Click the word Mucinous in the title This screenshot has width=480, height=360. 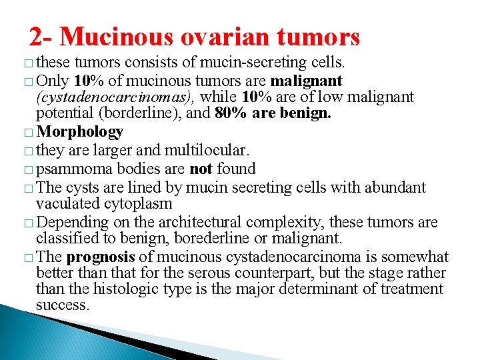(x=124, y=37)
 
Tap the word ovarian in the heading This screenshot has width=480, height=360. (x=230, y=37)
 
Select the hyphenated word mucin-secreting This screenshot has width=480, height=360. (x=259, y=64)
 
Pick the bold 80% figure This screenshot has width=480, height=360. (x=230, y=113)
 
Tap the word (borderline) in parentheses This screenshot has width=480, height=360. (x=139, y=113)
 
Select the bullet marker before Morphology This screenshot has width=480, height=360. (x=26, y=133)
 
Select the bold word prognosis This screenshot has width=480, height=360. (x=101, y=257)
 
